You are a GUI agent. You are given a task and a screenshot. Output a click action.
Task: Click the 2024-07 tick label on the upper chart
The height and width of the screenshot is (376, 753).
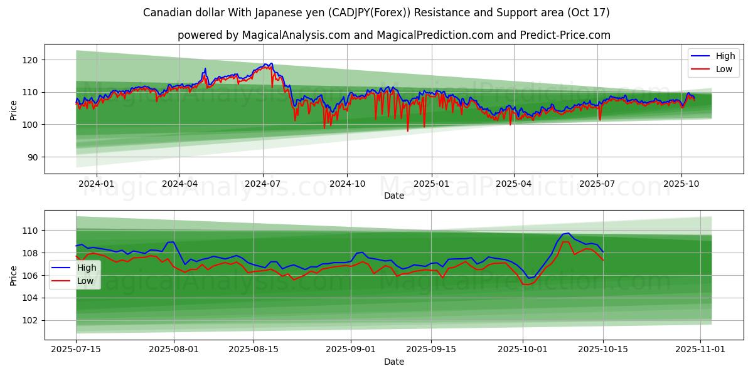[262, 183]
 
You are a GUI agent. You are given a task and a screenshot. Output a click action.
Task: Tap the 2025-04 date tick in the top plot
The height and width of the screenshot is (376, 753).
[513, 183]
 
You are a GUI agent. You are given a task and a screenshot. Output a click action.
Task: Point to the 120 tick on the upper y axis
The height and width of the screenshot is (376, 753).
[31, 60]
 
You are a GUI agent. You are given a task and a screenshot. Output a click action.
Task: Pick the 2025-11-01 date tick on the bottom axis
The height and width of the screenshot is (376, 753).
[699, 349]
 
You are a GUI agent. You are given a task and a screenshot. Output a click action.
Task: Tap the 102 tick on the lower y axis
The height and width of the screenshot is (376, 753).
[31, 320]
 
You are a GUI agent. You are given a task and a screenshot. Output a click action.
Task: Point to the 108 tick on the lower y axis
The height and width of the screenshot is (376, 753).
[31, 253]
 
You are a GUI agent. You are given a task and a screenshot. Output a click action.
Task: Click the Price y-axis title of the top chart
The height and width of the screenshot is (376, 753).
[14, 111]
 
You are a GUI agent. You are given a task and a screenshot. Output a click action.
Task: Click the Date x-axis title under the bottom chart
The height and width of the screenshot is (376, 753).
[393, 362]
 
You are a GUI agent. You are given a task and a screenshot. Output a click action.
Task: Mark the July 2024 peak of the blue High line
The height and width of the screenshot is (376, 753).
[270, 63]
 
